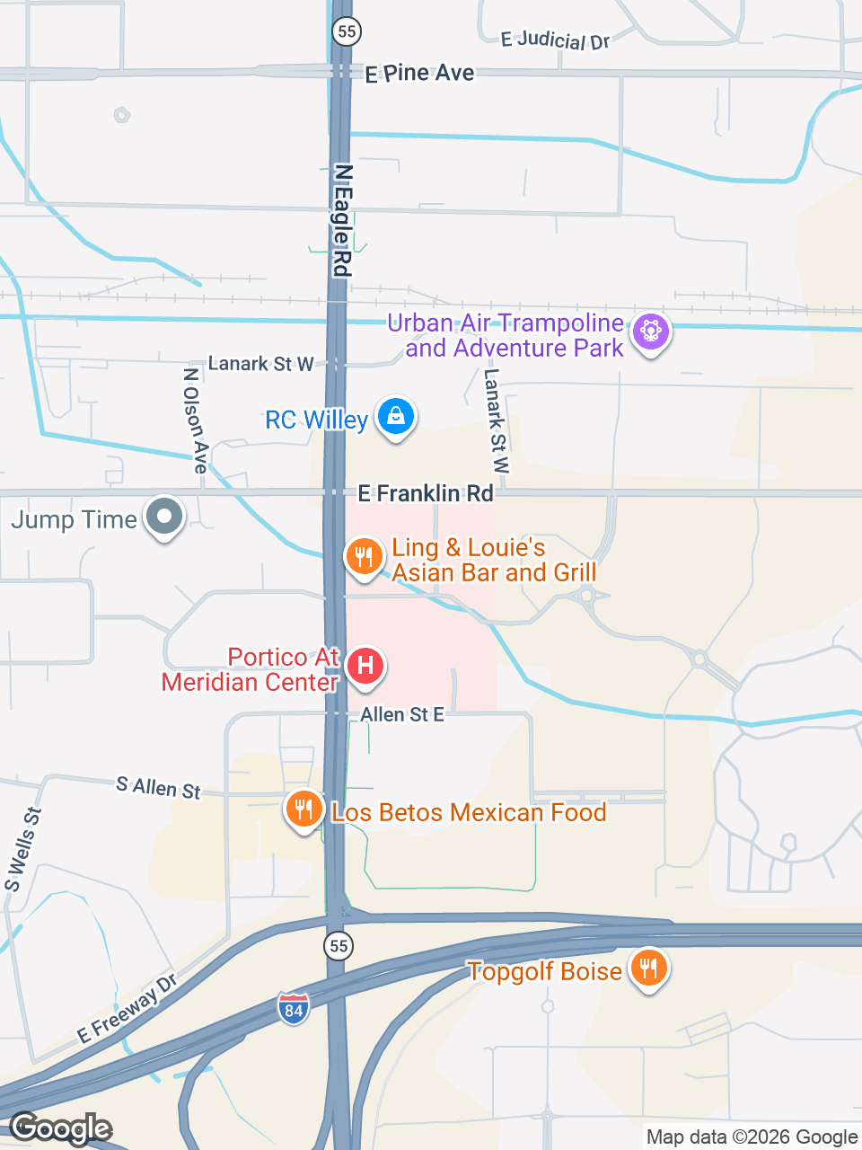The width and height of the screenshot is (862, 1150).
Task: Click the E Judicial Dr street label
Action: pos(555,40)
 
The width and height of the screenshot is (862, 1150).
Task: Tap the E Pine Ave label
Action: pos(419,74)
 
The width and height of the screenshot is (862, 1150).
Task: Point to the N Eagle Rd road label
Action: pos(342,220)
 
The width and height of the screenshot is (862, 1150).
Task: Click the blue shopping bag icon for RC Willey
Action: pos(395,416)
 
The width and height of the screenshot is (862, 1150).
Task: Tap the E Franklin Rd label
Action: pos(426,493)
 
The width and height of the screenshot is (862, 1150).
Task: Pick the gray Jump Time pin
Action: pos(164,517)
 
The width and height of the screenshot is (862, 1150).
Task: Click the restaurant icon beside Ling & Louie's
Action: pos(364,556)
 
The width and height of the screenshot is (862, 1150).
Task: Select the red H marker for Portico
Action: pos(365,666)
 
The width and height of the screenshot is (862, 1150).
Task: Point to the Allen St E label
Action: pos(402,715)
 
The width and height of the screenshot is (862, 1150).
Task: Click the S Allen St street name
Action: pos(158,788)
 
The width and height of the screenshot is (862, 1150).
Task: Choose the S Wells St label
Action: pos(23,850)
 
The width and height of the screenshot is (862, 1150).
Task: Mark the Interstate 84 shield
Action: pos(294,1009)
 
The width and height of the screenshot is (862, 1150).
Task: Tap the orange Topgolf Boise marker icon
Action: pos(648,969)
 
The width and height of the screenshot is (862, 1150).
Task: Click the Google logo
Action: pos(61,1128)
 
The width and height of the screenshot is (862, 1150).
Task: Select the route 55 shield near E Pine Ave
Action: pos(346,31)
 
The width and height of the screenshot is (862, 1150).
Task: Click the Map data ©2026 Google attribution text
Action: pos(752,1137)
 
